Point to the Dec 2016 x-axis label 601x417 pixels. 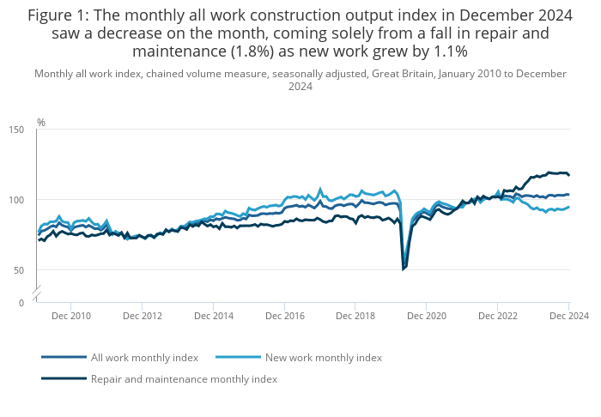pos(284,317)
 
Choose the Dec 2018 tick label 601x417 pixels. pos(355,317)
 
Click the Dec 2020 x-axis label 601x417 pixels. pos(427,317)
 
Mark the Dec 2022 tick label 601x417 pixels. pos(498,317)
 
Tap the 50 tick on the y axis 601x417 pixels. pos(20,270)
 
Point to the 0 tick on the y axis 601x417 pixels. pos(22,303)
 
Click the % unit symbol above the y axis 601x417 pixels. pos(40,123)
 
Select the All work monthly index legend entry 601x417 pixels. pos(144,357)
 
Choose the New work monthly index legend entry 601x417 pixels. pos(324,357)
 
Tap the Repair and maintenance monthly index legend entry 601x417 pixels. pos(184,378)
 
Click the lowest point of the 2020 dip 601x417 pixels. pos(404,269)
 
